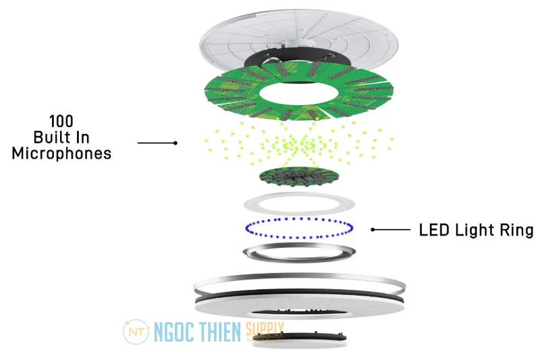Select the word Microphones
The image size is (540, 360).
click(62, 154)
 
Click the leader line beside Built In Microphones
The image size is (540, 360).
click(157, 143)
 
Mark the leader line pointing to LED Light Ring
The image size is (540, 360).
click(391, 230)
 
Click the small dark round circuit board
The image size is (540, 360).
click(298, 177)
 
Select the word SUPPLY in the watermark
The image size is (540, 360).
click(265, 330)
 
